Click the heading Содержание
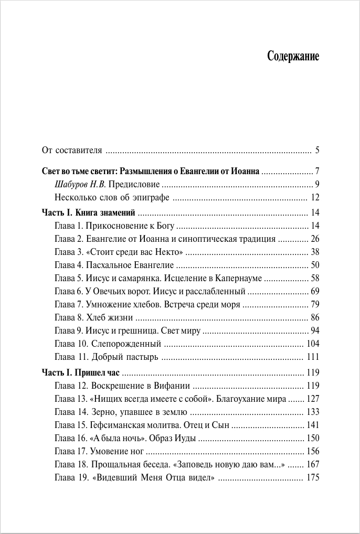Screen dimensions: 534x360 click(293, 56)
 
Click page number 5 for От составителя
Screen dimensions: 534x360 click(317, 151)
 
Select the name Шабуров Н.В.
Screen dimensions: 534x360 click(80, 184)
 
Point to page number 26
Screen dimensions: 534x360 click(315, 239)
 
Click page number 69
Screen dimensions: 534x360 click(315, 291)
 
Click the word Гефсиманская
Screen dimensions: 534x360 click(117, 425)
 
